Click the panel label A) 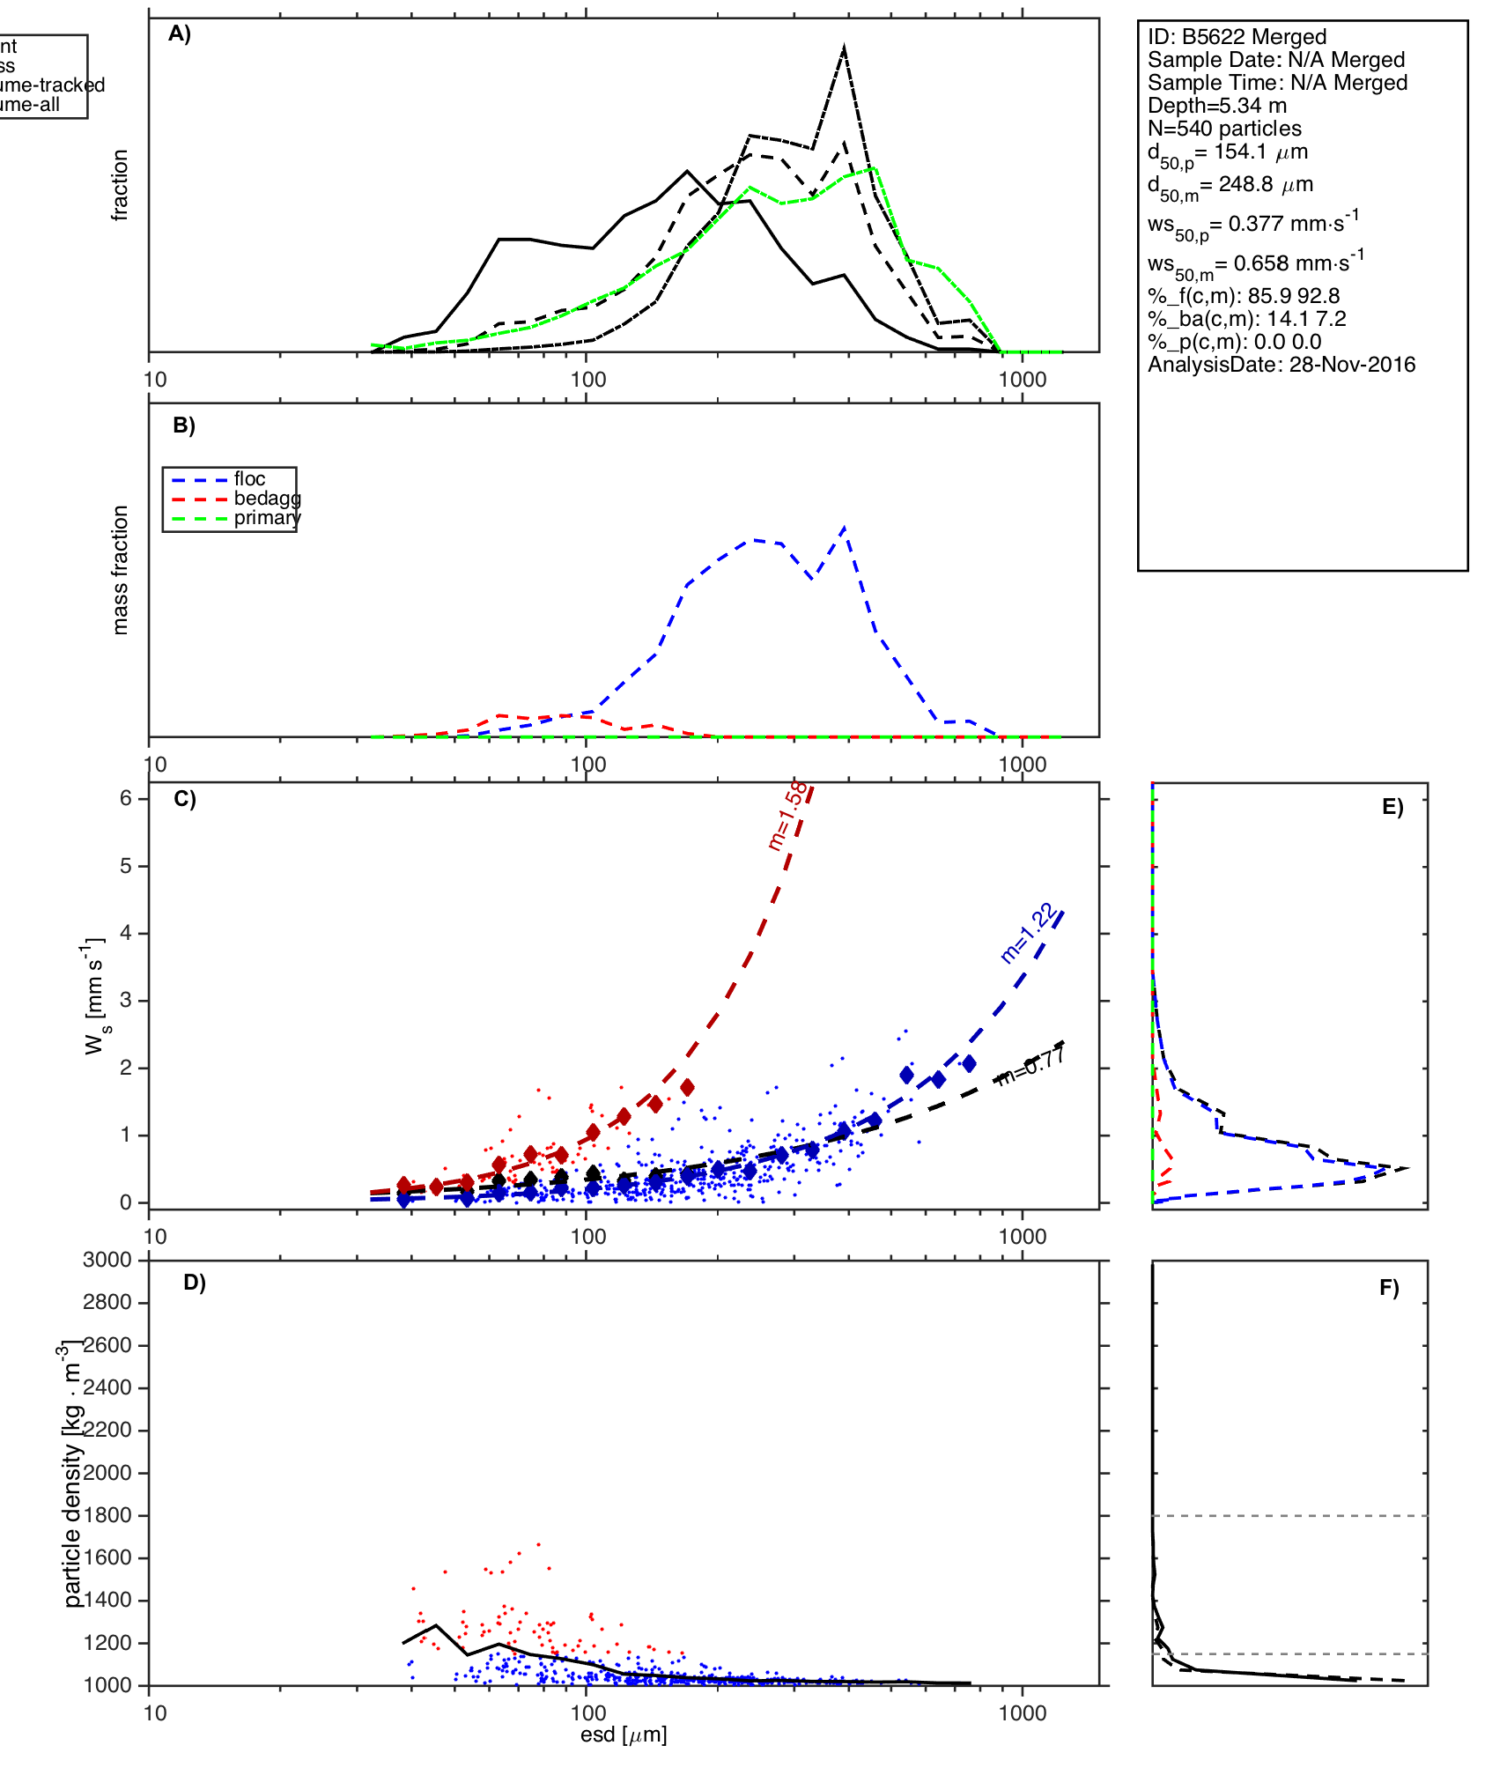(180, 33)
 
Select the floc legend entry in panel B (249, 479)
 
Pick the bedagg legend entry (267, 499)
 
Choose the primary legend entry (267, 518)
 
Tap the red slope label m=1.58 (787, 816)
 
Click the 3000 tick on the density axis (107, 1260)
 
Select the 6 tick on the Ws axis (126, 798)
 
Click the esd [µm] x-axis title (624, 1734)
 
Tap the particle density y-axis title (72, 1473)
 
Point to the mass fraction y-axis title (121, 570)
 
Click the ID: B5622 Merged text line (1237, 37)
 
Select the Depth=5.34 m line (1216, 106)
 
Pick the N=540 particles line (1224, 129)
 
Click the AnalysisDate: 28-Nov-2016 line (1281, 365)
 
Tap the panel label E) (1392, 808)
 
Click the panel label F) (1389, 1289)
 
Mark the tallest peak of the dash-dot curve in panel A (844, 47)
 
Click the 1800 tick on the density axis (107, 1515)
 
